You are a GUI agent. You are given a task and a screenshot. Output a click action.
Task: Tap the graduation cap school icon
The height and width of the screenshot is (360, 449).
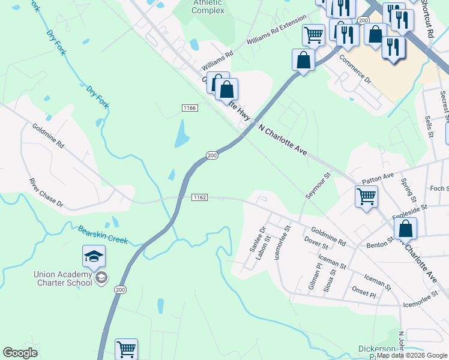94,257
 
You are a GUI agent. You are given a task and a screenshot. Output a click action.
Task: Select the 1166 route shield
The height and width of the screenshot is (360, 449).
190,107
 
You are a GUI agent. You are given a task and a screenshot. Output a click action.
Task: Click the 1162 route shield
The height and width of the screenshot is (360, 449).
199,197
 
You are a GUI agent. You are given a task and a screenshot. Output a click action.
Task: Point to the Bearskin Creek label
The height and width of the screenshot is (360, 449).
103,234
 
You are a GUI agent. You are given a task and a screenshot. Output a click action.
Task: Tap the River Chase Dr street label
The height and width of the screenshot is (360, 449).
46,193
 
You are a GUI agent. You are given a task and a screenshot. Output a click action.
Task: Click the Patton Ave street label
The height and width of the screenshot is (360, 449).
378,178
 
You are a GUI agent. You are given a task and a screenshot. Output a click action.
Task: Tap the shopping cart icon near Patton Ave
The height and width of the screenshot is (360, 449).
366,196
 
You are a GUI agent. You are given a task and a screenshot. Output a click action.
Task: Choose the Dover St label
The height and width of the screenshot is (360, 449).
316,242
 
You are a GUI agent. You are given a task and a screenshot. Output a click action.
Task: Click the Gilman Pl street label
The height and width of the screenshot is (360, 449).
315,277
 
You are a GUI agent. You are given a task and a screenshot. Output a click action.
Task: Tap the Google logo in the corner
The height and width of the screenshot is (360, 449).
20,353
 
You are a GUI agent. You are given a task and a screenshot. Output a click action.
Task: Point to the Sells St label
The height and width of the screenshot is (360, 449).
429,127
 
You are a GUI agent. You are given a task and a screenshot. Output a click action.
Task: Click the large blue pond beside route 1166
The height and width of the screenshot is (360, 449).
181,134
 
